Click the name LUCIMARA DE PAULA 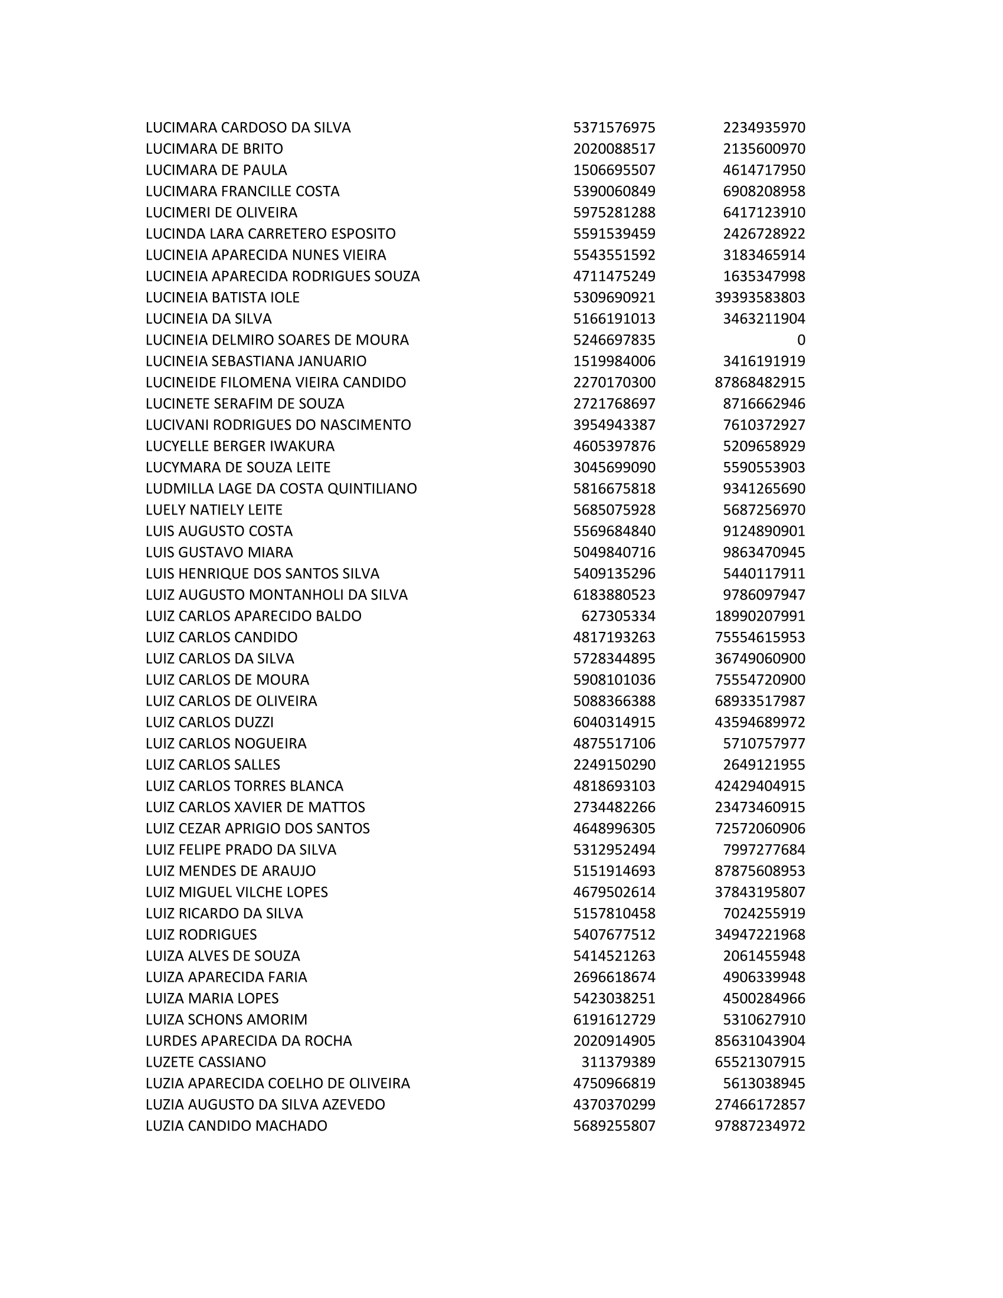coord(216,170)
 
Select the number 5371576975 coord(614,128)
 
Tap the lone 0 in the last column coord(801,340)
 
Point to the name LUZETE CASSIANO coord(205,1062)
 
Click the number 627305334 coord(618,616)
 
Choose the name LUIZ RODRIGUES coord(201,935)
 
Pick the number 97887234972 coord(759,1126)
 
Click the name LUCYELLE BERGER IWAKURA coord(240,445)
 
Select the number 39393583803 coord(759,297)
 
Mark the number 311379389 coord(618,1062)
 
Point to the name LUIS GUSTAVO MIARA coord(219,552)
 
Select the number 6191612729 coord(614,1020)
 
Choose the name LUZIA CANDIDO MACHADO coord(236,1126)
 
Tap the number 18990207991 coord(759,616)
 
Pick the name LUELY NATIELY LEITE coord(214,510)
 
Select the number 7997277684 coord(763,849)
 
